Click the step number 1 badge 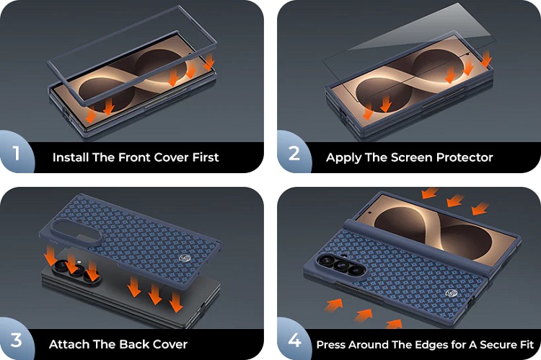(17, 152)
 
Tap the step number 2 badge (294, 152)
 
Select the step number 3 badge (16, 340)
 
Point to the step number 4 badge (294, 340)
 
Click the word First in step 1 (206, 157)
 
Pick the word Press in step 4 (331, 344)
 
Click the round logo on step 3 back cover (185, 259)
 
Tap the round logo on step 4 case (451, 293)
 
